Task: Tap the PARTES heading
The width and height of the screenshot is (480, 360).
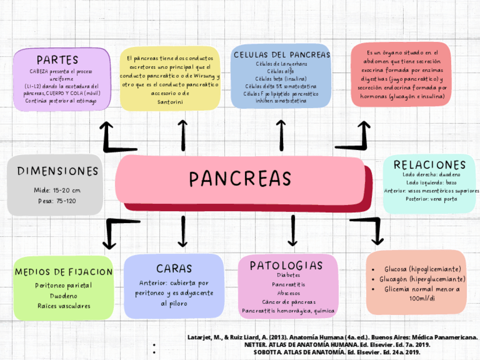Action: click(57, 60)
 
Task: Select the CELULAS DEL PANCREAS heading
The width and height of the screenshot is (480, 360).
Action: click(281, 55)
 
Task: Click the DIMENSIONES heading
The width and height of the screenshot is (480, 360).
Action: click(57, 171)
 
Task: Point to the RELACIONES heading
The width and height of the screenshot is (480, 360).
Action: click(430, 165)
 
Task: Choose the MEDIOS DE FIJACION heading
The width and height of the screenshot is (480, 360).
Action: click(63, 272)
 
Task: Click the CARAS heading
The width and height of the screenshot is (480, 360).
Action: click(174, 268)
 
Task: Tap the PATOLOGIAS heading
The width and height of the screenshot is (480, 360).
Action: click(286, 265)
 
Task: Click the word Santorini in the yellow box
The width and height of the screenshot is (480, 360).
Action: click(170, 101)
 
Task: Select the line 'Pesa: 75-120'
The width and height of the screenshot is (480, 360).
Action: click(57, 201)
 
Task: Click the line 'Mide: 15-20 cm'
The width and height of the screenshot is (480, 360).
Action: click(57, 190)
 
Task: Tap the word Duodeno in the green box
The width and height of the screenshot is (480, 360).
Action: click(63, 295)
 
